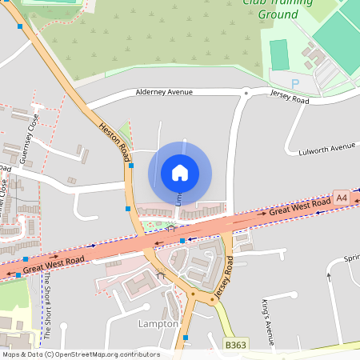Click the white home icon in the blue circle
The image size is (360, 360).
[x=180, y=172]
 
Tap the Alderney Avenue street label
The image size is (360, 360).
[x=164, y=93]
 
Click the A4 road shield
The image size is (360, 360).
[x=342, y=198]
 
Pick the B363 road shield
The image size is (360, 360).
[x=234, y=343]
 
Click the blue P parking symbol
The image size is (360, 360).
[x=294, y=83]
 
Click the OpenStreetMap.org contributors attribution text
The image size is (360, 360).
[x=107, y=354]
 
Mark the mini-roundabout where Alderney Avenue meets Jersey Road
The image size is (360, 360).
[x=245, y=93]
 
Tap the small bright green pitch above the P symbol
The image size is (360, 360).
[x=278, y=54]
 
